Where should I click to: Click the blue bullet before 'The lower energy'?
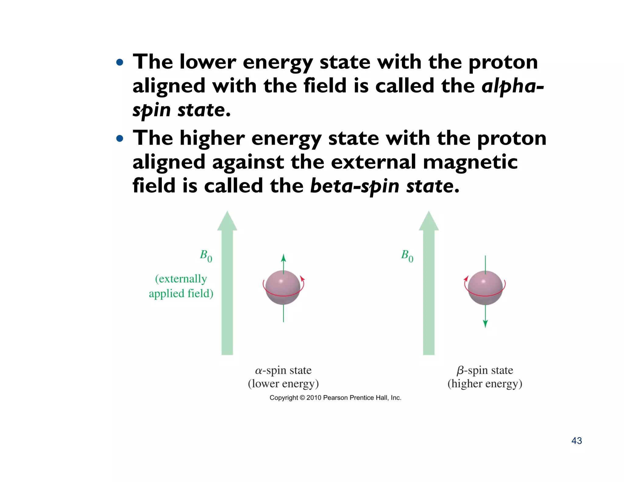120,63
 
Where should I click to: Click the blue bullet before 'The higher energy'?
120,139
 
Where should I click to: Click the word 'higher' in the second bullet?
212,138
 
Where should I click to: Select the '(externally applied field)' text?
181,286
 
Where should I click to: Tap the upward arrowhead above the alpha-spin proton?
283,258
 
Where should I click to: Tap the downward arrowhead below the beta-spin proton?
485,324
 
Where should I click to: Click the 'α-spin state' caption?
283,370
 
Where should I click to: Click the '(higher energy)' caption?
485,384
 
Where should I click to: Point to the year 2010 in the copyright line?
314,398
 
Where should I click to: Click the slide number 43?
576,441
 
